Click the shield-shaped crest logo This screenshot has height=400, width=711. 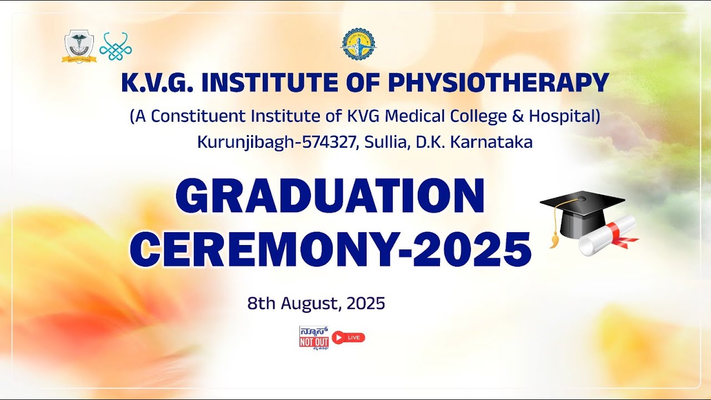tap(79, 46)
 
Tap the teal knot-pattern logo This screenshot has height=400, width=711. tap(116, 47)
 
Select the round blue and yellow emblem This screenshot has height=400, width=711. tap(357, 44)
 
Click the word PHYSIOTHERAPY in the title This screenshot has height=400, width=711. tap(498, 83)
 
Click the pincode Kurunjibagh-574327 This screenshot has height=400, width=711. tap(272, 142)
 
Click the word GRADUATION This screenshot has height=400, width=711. tap(330, 197)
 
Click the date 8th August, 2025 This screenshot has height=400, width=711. tap(316, 303)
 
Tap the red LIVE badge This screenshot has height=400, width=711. tap(348, 337)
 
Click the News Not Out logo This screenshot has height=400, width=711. tap(314, 337)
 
